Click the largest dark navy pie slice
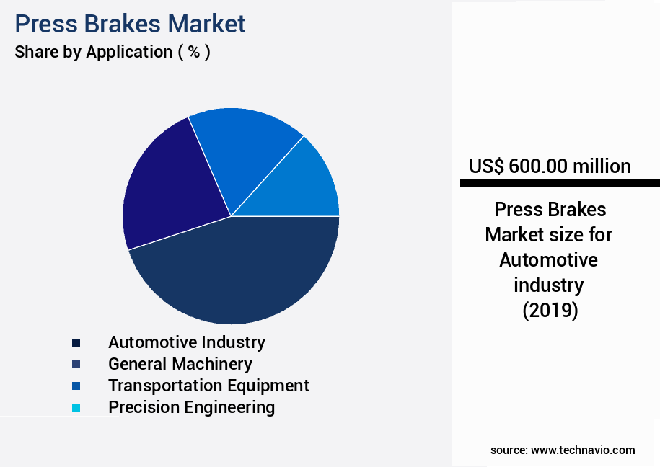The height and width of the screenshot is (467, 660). tap(238, 274)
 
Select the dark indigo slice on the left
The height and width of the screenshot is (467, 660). tap(170, 191)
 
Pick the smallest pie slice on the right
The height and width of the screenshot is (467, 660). tap(307, 187)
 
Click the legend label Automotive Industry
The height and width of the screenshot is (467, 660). tap(186, 342)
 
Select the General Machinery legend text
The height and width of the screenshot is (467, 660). tap(180, 364)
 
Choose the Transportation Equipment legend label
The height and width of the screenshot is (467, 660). tap(208, 386)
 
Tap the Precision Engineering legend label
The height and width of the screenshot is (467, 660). tap(191, 407)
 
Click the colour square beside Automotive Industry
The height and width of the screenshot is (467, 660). tap(76, 343)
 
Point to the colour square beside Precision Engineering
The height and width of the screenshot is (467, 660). tap(76, 408)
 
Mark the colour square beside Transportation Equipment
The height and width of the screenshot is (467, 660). tap(76, 386)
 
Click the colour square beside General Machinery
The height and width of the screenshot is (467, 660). tap(76, 365)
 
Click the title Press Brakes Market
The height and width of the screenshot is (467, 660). tap(131, 24)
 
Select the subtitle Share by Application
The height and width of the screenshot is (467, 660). tap(113, 52)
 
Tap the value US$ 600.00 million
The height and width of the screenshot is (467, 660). tap(550, 166)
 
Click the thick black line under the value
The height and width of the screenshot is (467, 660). tap(560, 184)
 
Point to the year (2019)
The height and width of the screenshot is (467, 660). tap(550, 311)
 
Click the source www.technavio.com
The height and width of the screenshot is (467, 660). tap(563, 450)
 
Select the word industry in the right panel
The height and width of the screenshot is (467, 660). tap(548, 285)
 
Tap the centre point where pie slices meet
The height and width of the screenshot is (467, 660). tap(231, 216)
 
